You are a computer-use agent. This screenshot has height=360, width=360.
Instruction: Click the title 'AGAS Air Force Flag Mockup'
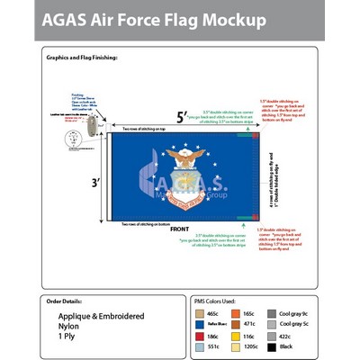tap(152, 20)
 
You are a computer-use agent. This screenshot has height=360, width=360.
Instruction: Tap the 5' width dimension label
tap(182, 116)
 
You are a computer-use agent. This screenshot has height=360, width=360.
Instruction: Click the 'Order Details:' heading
tap(70, 301)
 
